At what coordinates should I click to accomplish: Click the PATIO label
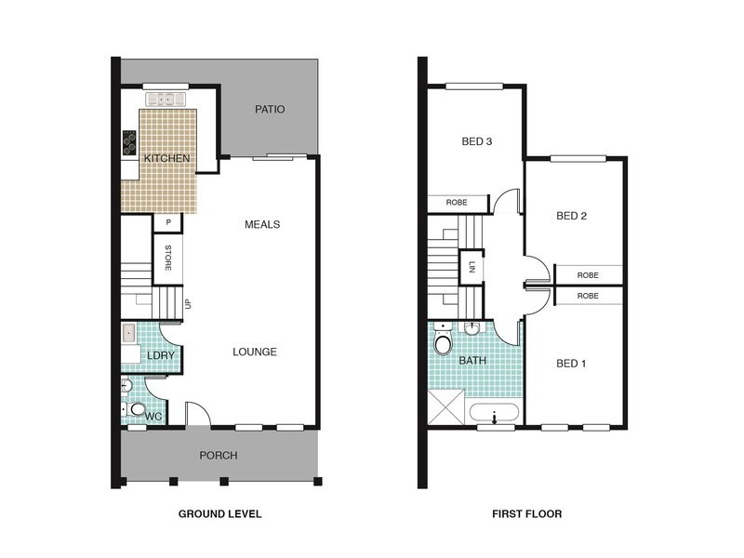(x=270, y=110)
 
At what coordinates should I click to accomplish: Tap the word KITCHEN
(x=166, y=159)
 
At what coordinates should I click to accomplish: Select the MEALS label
(x=262, y=224)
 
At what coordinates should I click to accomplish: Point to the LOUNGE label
(x=255, y=352)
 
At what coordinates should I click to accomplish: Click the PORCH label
(x=219, y=456)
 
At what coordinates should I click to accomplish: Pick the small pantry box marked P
(x=168, y=222)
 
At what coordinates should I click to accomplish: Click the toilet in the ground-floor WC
(x=138, y=410)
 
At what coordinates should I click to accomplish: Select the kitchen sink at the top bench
(x=166, y=99)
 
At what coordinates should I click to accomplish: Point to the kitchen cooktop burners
(x=128, y=142)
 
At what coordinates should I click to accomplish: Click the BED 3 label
(x=476, y=142)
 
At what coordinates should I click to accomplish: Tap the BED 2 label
(x=571, y=216)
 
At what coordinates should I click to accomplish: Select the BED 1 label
(x=571, y=363)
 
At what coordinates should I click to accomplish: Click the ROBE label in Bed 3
(x=457, y=202)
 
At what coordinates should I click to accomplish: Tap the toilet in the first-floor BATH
(x=444, y=344)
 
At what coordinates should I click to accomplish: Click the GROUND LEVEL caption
(x=219, y=513)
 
